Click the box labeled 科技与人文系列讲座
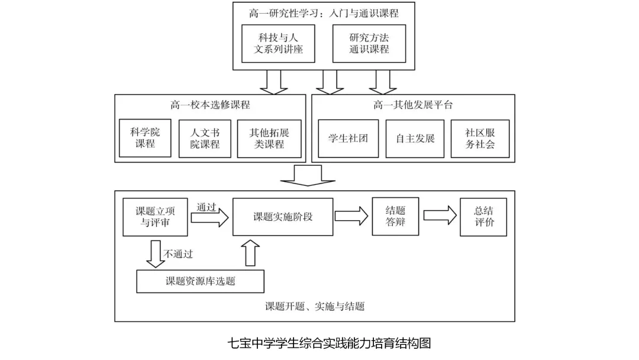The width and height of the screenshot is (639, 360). pos(278,44)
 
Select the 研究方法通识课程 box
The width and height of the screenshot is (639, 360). pos(369,44)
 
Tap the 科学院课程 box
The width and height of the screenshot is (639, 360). pos(145,138)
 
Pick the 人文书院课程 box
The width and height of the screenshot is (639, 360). pos(205,139)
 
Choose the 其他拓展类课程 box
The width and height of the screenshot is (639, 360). pos(269,139)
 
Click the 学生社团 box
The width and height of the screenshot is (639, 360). pos(348,139)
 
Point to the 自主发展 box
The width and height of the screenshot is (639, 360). pos(415,139)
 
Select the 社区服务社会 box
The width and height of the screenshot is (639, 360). pos(480,139)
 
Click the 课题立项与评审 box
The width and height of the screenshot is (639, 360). pos(155,217)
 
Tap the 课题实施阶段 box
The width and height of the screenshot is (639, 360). pos(283,217)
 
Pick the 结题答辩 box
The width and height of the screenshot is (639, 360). pos(395,217)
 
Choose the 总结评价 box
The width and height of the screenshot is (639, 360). pos(483,217)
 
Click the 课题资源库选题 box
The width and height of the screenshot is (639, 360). pos(200,281)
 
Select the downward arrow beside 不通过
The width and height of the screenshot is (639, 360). pos(156,254)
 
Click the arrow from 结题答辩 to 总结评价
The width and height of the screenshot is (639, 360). pos(440,216)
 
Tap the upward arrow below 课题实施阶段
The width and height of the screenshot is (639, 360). pos(250,253)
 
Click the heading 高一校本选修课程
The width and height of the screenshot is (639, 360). pos(210,105)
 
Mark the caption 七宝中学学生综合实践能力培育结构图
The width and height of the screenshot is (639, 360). pos(330,343)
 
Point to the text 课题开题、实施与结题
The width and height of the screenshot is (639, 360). pos(315,306)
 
